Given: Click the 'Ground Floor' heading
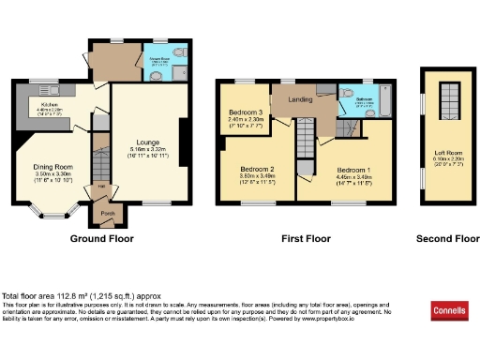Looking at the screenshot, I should click(102, 239).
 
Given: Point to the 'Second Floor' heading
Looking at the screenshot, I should click(447, 239).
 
